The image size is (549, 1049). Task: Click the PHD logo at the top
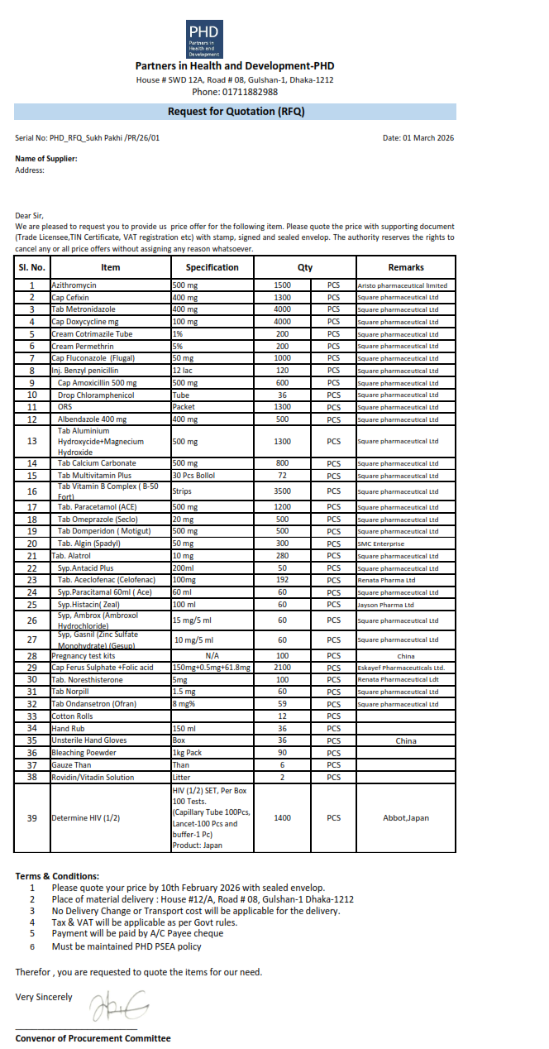click(204, 39)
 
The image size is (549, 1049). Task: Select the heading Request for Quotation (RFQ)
click(236, 112)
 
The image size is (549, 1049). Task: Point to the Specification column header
click(212, 267)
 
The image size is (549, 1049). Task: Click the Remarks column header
click(405, 267)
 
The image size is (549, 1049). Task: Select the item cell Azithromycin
click(74, 285)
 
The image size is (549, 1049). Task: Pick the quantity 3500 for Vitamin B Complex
click(283, 491)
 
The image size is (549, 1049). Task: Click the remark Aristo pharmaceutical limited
click(402, 285)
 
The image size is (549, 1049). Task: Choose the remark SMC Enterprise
click(381, 544)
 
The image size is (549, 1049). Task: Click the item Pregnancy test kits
click(84, 656)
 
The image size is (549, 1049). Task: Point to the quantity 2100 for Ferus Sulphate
click(283, 668)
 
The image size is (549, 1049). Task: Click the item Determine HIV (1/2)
click(86, 818)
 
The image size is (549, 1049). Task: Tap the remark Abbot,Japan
click(405, 818)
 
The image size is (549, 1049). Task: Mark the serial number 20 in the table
click(32, 544)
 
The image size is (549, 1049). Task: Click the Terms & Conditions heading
click(57, 876)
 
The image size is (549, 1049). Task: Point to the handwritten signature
click(118, 1005)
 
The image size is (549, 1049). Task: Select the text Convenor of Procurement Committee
click(93, 1038)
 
